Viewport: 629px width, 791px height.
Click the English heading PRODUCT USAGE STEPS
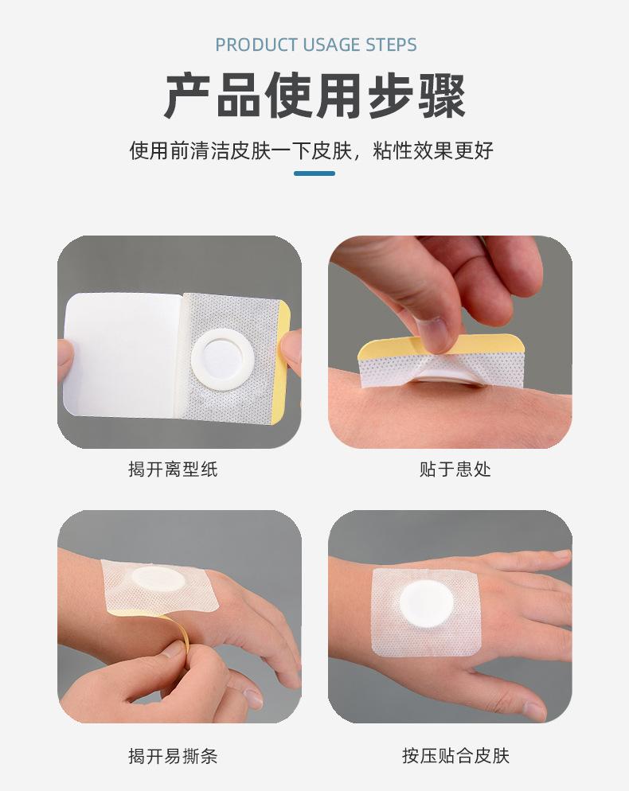point(315,45)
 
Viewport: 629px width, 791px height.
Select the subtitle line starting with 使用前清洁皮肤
point(311,150)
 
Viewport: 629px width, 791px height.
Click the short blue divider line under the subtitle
point(314,173)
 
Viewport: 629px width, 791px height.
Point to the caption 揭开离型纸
point(173,470)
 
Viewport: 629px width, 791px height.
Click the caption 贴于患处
point(455,470)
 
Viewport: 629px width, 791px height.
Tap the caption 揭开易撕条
point(173,755)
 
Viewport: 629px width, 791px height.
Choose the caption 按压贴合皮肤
point(455,755)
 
